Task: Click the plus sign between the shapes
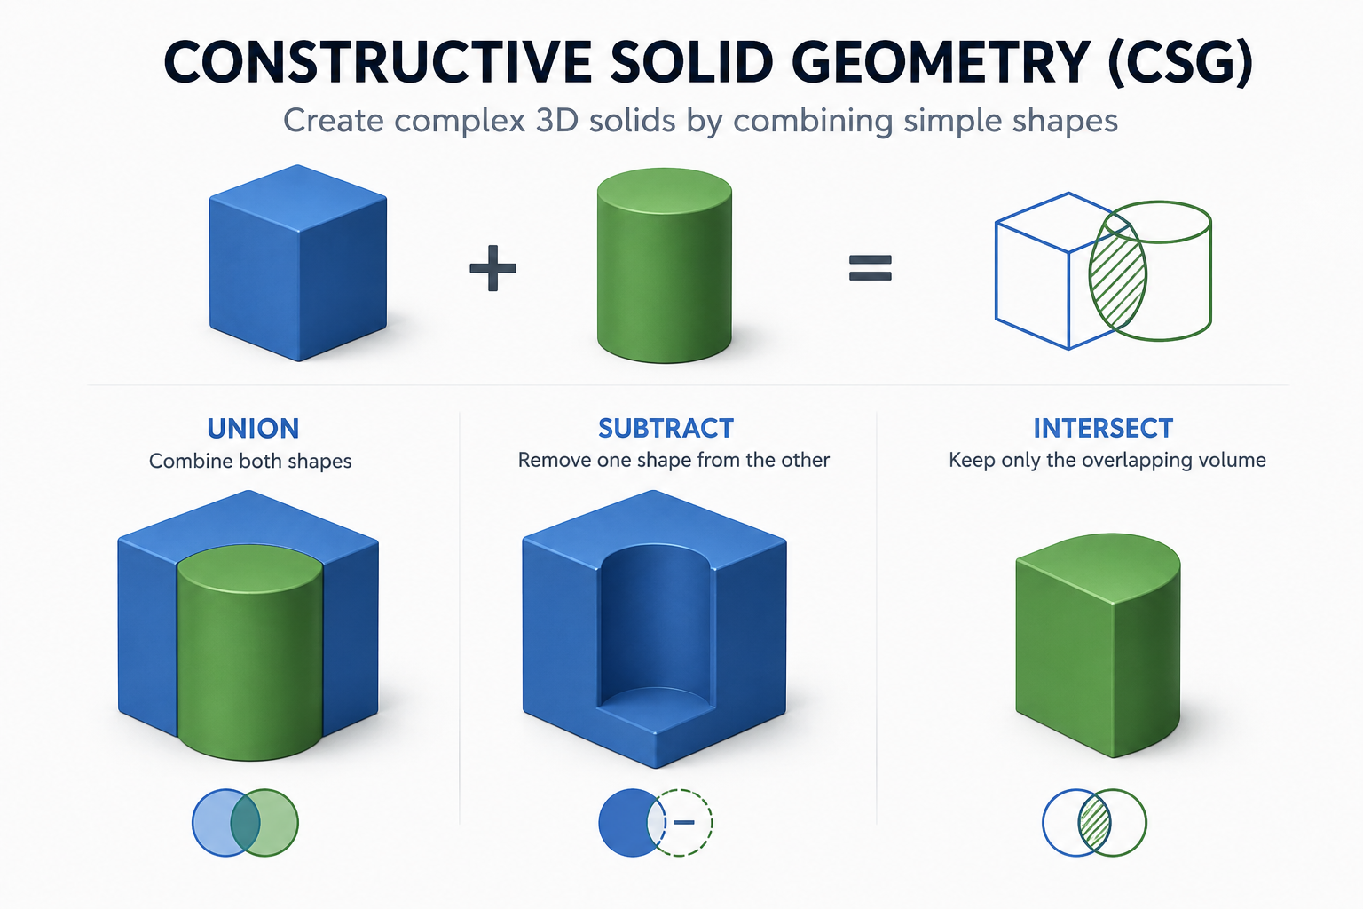492,268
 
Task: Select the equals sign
871,268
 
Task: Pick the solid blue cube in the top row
298,263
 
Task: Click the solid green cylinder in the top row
665,265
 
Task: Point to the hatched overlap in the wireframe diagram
1118,275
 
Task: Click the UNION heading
253,429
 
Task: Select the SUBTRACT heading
666,429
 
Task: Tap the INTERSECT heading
1103,429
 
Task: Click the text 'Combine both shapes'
250,461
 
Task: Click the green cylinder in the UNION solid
250,652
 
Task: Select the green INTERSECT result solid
1098,645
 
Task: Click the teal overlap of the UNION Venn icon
245,823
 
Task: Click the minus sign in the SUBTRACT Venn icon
684,823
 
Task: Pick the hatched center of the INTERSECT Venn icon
1094,823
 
